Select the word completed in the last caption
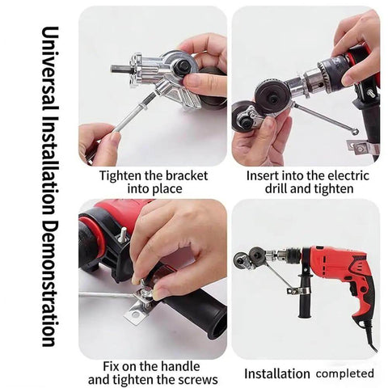click(345, 373)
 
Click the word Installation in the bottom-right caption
click(278, 373)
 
